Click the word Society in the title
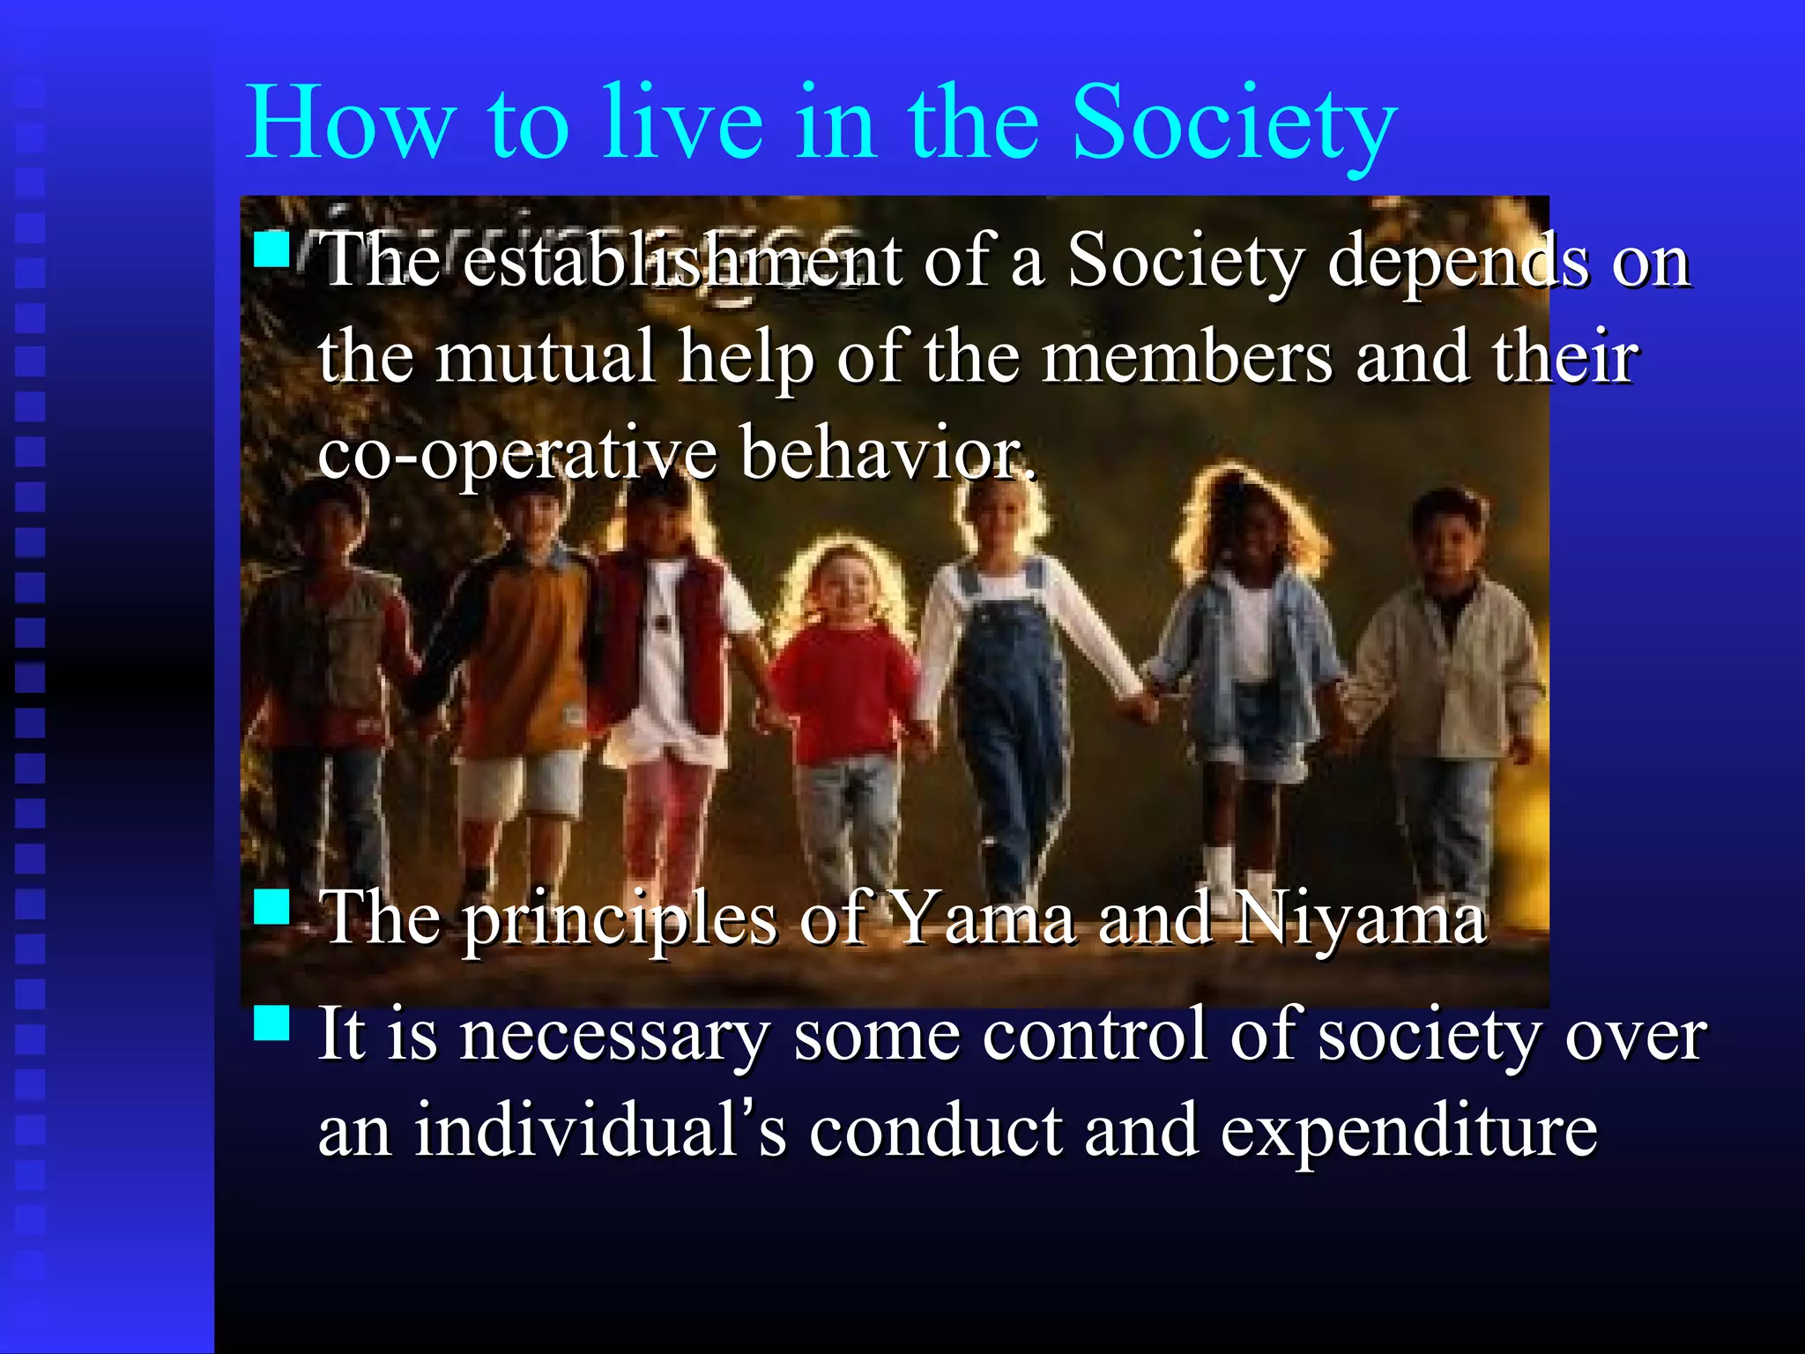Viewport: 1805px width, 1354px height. (x=1234, y=123)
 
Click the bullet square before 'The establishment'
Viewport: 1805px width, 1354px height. (x=271, y=249)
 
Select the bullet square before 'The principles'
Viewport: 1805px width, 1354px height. (x=271, y=906)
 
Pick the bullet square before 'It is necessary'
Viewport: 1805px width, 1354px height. (x=271, y=1023)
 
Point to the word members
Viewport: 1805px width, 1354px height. (x=1186, y=356)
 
